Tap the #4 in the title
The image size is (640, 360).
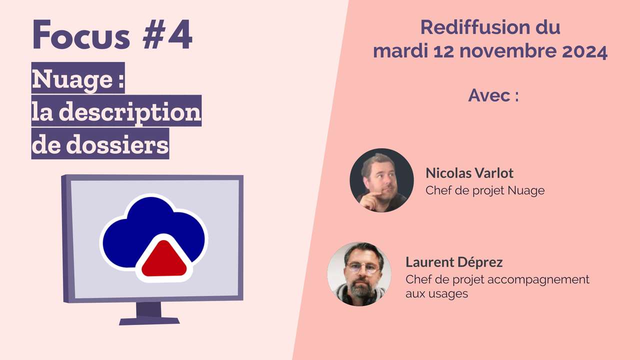(x=167, y=36)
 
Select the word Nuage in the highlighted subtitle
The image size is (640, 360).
(x=72, y=79)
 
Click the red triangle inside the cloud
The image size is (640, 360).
(x=163, y=260)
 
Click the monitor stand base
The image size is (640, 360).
(x=149, y=319)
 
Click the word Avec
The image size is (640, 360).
(x=489, y=95)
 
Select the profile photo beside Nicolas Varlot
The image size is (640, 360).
(x=381, y=180)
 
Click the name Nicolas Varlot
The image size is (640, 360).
(x=469, y=173)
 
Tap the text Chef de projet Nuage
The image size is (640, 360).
(x=484, y=190)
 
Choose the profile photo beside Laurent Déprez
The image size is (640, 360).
(x=359, y=273)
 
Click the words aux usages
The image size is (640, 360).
(x=436, y=293)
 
